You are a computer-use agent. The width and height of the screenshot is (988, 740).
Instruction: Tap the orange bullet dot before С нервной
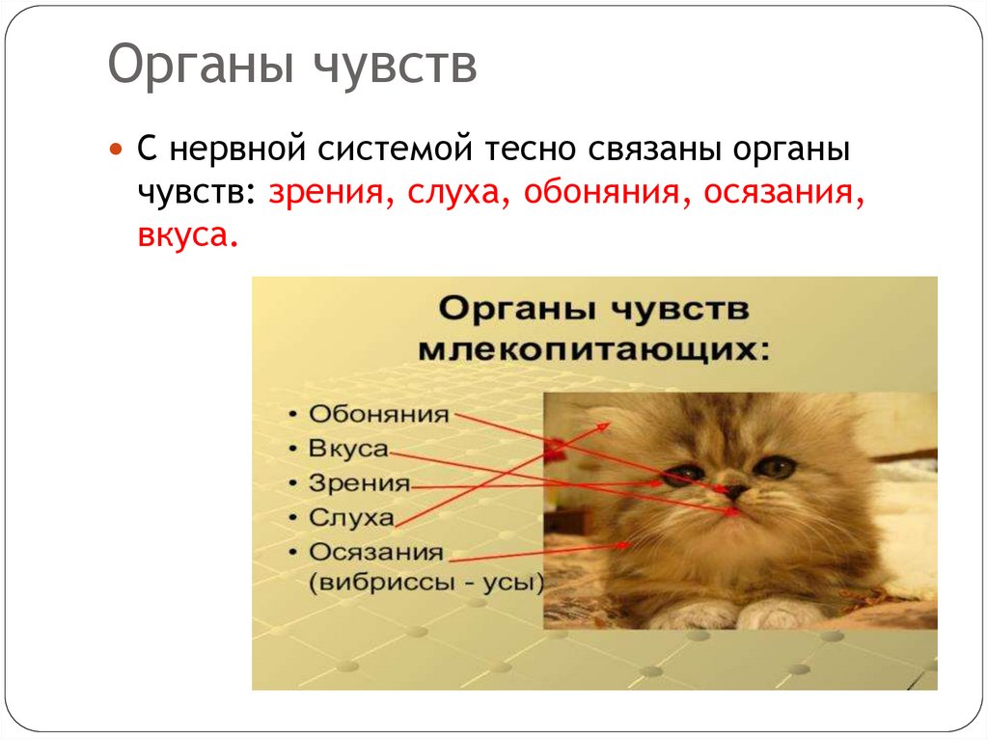(116, 151)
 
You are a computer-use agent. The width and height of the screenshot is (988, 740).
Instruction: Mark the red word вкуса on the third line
(185, 234)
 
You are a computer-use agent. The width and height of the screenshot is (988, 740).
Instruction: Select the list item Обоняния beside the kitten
(378, 415)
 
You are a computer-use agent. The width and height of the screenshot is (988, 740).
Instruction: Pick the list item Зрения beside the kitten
(359, 483)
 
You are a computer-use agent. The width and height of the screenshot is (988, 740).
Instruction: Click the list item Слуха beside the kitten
(351, 518)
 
